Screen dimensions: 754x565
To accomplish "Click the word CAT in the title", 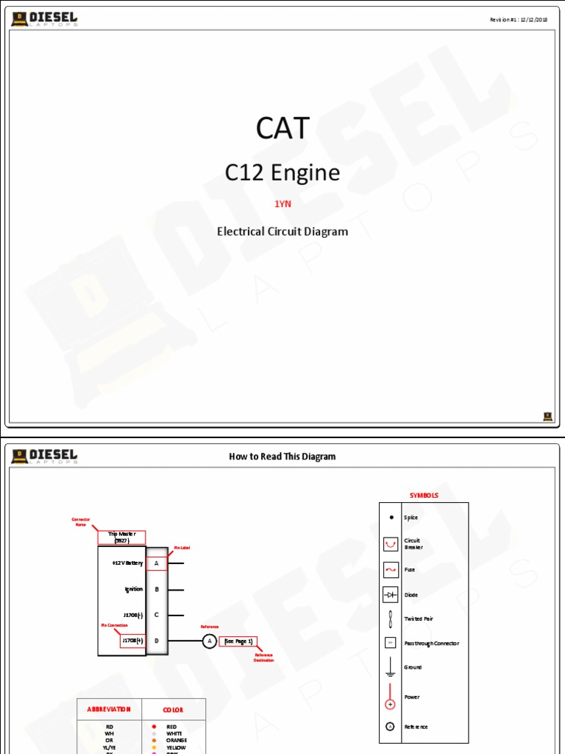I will [282, 129].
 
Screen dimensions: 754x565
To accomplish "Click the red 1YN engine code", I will [282, 204].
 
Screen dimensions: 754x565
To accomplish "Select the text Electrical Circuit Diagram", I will [282, 231].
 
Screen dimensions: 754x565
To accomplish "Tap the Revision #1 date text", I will [519, 20].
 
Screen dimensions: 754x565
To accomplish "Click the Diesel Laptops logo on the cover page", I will [45, 19].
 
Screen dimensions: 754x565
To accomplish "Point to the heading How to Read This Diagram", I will [282, 457].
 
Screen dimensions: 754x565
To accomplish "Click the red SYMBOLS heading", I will [424, 496].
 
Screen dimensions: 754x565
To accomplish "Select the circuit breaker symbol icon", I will [391, 544].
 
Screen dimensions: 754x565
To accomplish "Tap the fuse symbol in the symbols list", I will [391, 570].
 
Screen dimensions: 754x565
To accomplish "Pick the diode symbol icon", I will [391, 594].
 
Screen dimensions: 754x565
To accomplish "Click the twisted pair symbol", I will [391, 619].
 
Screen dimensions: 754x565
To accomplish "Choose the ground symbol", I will [391, 667].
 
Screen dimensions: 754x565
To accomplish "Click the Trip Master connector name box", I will [122, 538].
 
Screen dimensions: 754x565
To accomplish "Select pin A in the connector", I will [157, 563].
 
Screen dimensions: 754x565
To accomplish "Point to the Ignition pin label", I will [134, 589].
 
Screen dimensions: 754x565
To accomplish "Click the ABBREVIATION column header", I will [109, 710].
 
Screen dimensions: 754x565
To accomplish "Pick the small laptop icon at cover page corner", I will [548, 417].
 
